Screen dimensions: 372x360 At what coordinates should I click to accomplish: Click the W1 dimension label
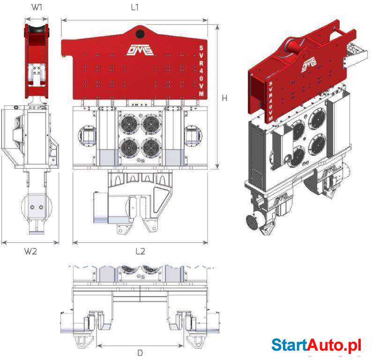click(x=37, y=7)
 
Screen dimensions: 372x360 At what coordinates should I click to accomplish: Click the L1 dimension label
click(x=135, y=7)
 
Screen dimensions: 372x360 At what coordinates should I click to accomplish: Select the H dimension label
click(x=224, y=98)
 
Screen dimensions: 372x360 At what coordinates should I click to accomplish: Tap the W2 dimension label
click(x=30, y=251)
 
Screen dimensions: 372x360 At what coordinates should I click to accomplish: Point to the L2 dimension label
click(x=140, y=251)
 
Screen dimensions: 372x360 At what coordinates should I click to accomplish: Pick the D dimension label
click(x=140, y=353)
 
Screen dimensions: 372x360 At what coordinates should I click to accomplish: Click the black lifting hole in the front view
click(x=140, y=34)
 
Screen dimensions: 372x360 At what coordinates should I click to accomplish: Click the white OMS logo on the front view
click(x=140, y=50)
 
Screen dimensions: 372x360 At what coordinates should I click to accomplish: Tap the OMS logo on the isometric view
click(x=310, y=64)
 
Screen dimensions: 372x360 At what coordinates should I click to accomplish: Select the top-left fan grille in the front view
click(x=129, y=124)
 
